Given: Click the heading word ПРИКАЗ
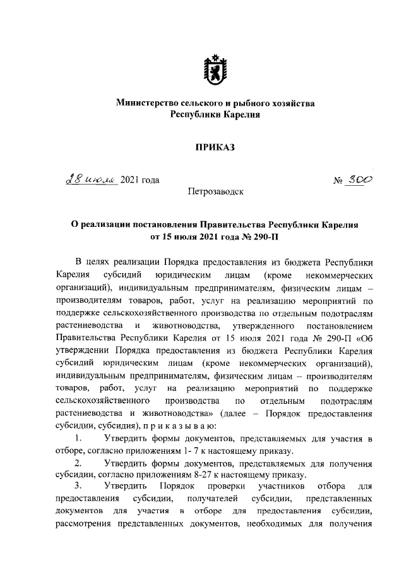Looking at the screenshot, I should (x=215, y=147).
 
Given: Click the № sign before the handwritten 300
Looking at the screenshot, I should (x=338, y=181).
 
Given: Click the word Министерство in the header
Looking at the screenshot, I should (x=146, y=103).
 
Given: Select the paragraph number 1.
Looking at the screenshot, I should (x=78, y=439).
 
